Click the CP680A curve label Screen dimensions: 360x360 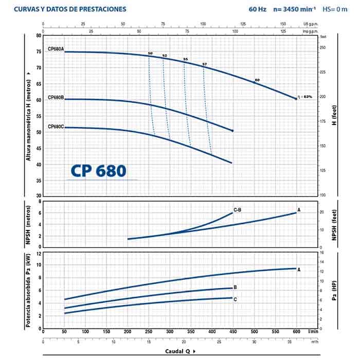(x=56, y=49)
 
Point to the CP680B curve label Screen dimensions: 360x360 (x=56, y=97)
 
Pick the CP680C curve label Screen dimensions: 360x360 (x=56, y=126)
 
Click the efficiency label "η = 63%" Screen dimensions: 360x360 (x=305, y=96)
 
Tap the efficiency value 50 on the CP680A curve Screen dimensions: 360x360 (x=150, y=53)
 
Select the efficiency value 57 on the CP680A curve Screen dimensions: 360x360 (x=204, y=64)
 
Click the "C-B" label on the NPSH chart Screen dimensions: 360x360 (x=238, y=210)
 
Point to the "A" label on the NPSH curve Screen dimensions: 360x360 (x=299, y=210)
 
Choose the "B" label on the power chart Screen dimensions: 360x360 (x=235, y=287)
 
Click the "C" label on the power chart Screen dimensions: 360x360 (x=235, y=298)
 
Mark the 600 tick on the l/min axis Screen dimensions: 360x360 (x=296, y=332)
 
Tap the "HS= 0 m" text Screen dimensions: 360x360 (x=336, y=9)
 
